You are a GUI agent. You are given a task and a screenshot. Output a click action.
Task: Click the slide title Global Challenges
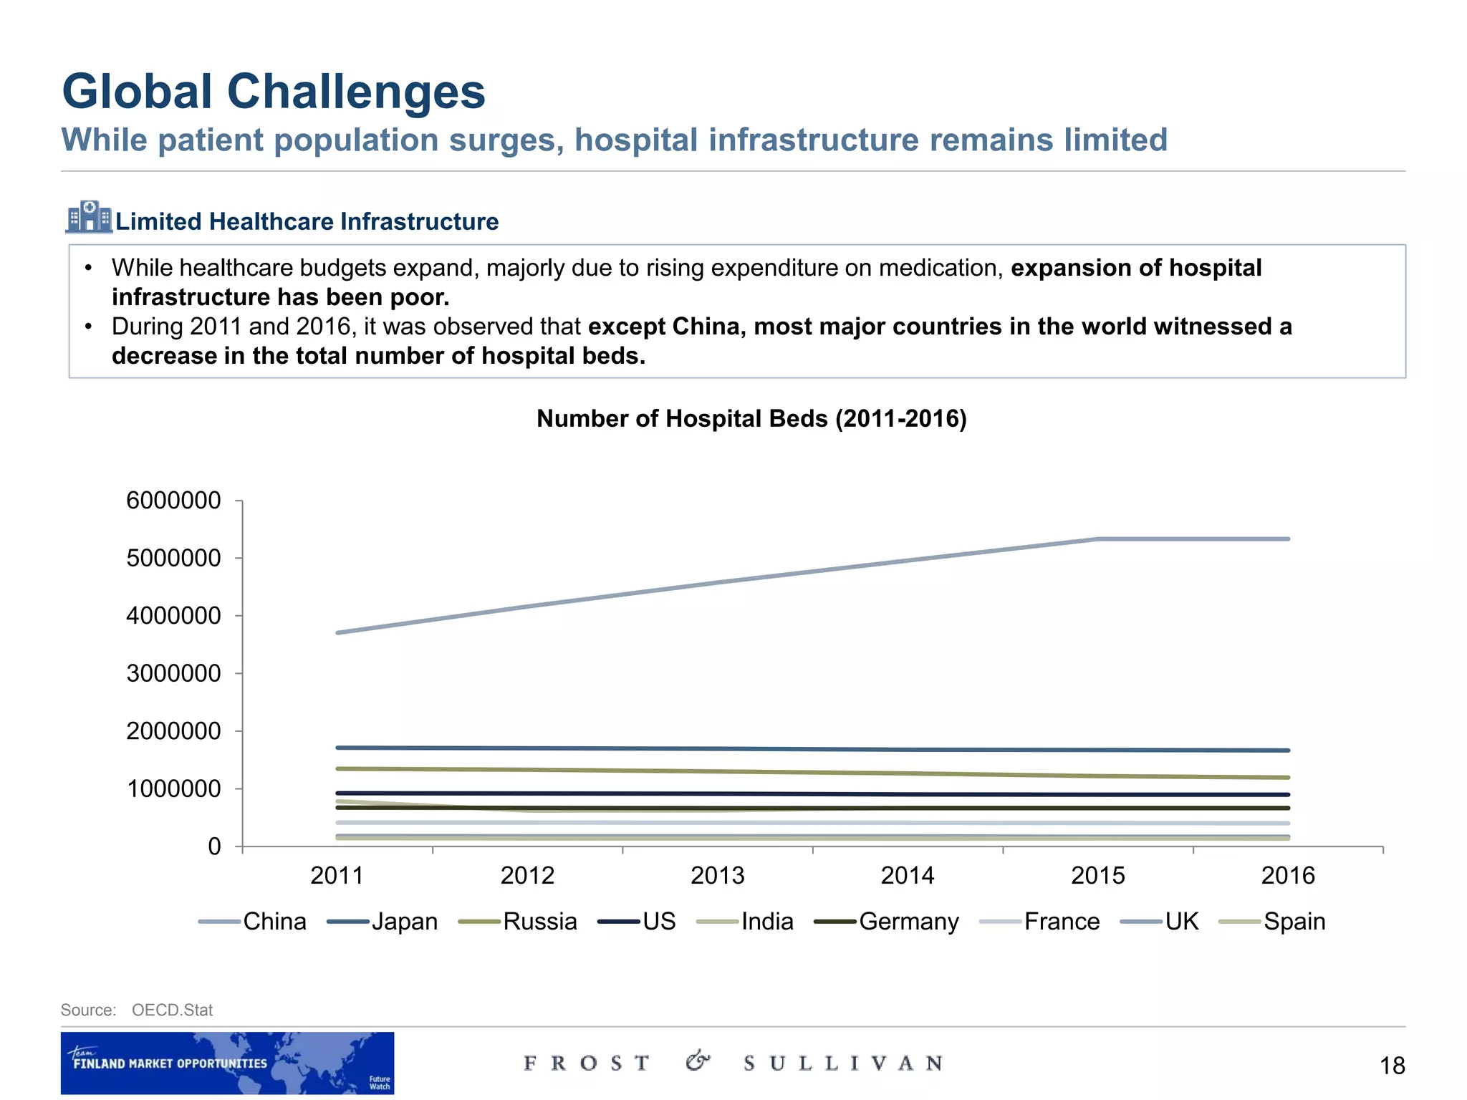click(274, 92)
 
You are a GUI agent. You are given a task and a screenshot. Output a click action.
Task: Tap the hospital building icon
click(89, 217)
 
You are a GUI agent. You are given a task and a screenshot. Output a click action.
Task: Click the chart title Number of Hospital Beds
click(751, 418)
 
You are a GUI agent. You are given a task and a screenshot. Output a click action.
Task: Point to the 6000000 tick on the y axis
click(173, 501)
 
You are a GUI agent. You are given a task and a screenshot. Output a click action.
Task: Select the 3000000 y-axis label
click(173, 674)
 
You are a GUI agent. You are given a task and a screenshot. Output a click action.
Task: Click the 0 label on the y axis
click(214, 847)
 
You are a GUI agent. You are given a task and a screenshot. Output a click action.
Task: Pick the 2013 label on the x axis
click(717, 876)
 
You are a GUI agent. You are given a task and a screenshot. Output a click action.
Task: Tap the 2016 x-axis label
click(1288, 876)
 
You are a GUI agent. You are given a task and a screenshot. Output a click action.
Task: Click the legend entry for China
click(274, 922)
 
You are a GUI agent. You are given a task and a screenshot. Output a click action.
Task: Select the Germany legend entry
click(908, 922)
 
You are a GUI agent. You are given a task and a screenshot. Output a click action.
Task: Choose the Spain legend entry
click(1294, 922)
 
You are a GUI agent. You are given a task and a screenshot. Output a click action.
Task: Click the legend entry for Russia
click(539, 922)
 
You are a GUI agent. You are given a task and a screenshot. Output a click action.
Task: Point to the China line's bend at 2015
click(1098, 539)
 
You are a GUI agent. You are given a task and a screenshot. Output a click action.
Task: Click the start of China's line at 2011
click(337, 633)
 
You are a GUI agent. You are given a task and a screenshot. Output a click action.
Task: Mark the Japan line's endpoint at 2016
click(1288, 751)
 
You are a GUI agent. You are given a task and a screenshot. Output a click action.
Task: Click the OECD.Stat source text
click(172, 1010)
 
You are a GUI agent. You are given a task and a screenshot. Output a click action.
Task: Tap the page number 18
click(1392, 1066)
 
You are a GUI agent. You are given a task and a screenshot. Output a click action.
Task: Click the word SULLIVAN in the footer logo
click(843, 1063)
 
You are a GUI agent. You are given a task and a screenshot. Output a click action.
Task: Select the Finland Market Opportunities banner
click(227, 1063)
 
